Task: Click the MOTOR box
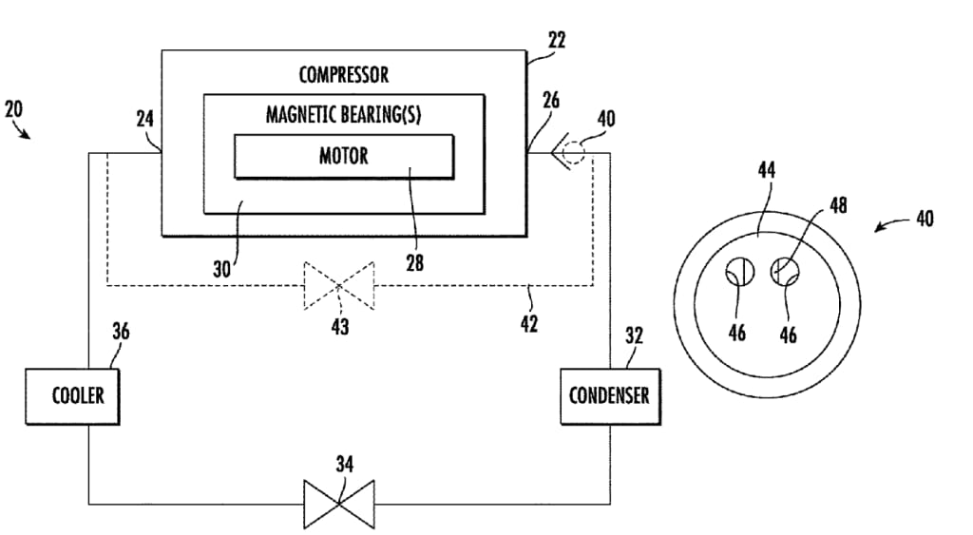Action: (x=343, y=156)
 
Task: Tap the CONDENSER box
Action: (x=609, y=393)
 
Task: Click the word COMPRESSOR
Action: (x=343, y=74)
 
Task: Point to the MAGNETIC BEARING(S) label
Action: (x=343, y=115)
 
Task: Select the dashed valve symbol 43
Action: (x=338, y=284)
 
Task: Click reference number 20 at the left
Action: (x=13, y=108)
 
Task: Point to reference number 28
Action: (x=414, y=263)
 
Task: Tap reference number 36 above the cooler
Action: (x=121, y=332)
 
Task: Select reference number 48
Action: (x=837, y=206)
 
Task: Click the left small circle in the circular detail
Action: (x=738, y=272)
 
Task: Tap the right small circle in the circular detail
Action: (x=785, y=272)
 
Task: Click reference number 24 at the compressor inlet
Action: (x=145, y=120)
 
